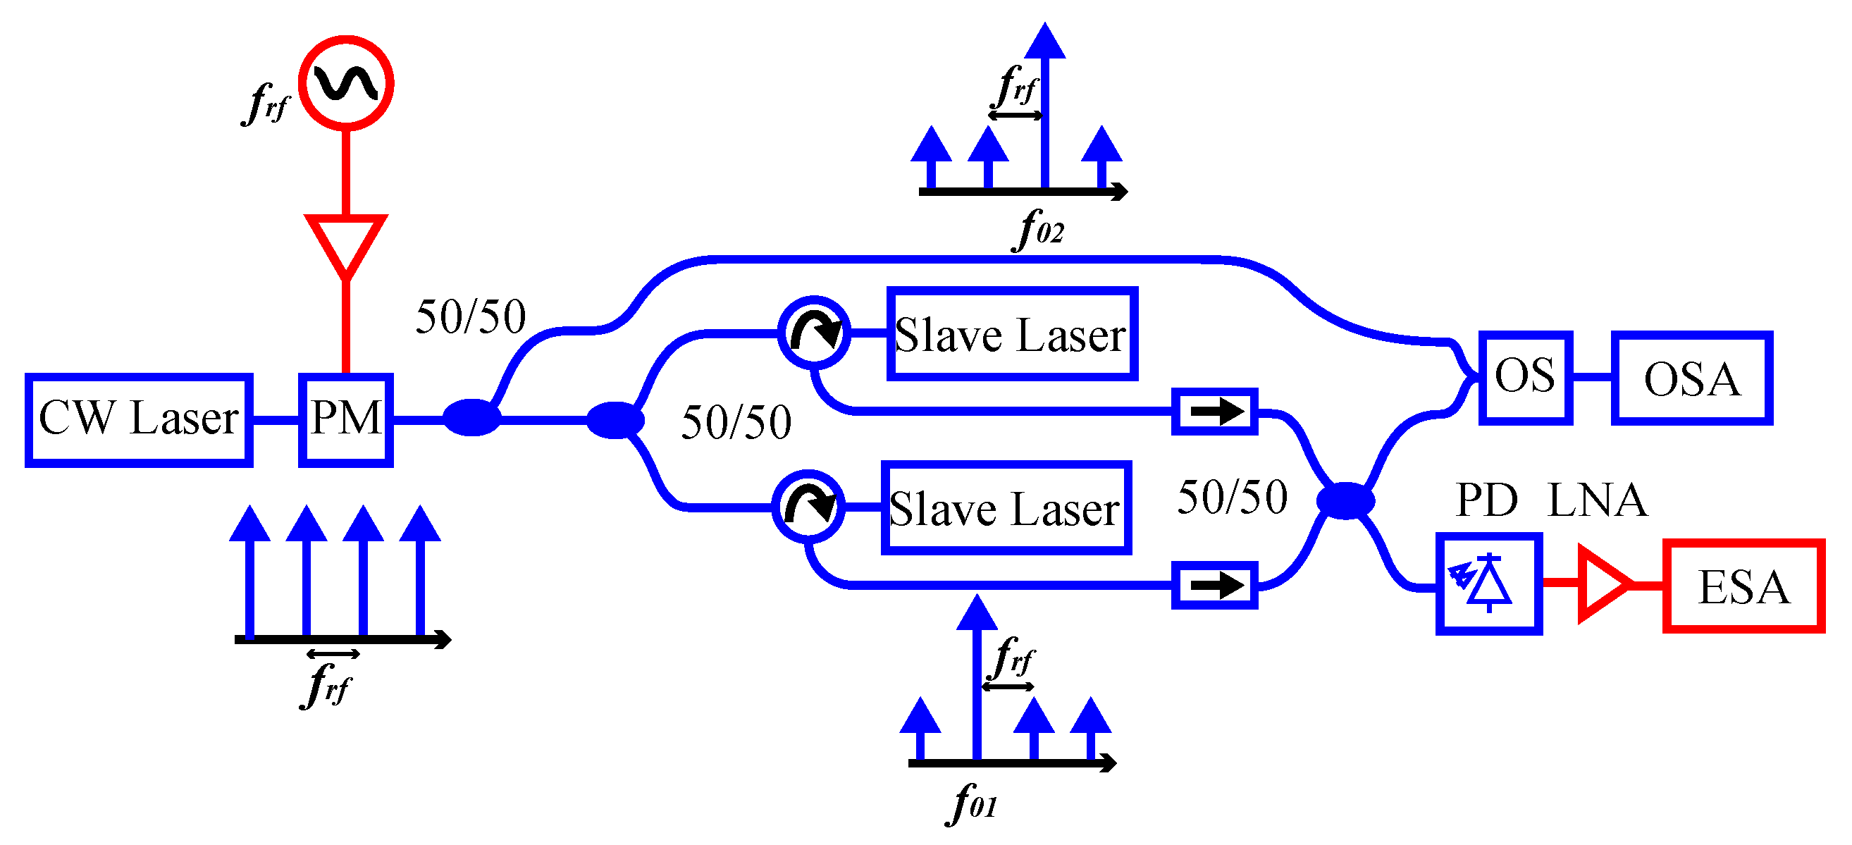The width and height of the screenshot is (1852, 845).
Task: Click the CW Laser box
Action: (x=139, y=420)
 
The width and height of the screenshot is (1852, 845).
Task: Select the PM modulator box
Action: (x=346, y=420)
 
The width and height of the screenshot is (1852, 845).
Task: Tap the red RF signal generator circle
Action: (x=346, y=83)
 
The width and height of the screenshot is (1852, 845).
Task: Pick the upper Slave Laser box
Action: (x=1011, y=333)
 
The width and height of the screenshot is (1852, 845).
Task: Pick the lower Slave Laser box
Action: (x=1006, y=507)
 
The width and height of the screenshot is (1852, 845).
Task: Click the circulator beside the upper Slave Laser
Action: (x=814, y=333)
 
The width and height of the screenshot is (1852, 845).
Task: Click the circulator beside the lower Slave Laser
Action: (x=808, y=507)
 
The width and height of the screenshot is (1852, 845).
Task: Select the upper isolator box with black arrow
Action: (x=1214, y=412)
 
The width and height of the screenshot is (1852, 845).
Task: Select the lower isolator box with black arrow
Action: (x=1214, y=586)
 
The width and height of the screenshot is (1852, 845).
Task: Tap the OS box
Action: (x=1526, y=378)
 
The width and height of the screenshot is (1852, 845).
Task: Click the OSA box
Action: (x=1691, y=378)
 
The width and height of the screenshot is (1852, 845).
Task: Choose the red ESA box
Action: (x=1743, y=586)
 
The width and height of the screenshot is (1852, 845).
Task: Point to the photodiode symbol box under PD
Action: (x=1489, y=584)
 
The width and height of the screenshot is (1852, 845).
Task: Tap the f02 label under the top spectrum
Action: (x=1039, y=230)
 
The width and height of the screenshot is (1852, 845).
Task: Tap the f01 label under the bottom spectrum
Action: (x=972, y=803)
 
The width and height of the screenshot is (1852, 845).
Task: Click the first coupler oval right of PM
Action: (x=471, y=418)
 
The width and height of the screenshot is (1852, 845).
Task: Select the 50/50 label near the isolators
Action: (x=1233, y=498)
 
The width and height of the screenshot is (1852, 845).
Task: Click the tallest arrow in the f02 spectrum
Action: (x=1044, y=108)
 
